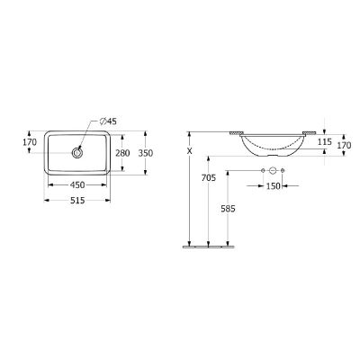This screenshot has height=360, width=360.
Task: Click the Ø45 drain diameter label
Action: (x=108, y=121)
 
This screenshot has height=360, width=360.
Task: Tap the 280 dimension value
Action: (x=122, y=153)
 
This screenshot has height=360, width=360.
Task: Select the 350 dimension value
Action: (x=146, y=153)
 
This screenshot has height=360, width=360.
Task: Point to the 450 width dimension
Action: (x=77, y=185)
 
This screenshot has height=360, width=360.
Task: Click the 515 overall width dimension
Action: (x=77, y=200)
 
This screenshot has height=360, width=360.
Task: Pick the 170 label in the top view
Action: (x=30, y=142)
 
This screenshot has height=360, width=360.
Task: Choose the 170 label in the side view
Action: (x=344, y=146)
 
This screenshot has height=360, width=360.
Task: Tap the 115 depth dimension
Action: (x=324, y=142)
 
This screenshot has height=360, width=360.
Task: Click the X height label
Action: (x=189, y=151)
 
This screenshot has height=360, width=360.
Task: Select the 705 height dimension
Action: (x=209, y=178)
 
